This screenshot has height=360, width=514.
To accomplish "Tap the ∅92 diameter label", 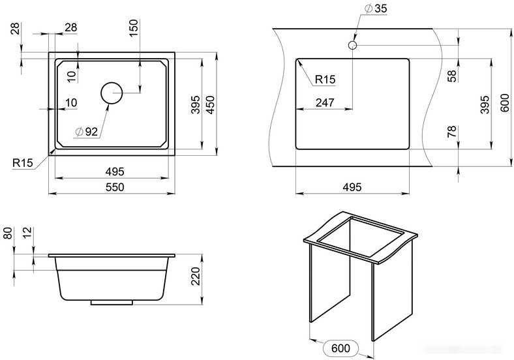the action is (x=87, y=132).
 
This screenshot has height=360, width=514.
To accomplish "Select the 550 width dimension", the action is (x=115, y=187).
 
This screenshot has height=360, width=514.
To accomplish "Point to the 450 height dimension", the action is (x=210, y=105).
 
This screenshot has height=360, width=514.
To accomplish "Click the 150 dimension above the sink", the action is (x=134, y=28).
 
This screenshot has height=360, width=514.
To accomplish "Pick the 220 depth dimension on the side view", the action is (x=196, y=276).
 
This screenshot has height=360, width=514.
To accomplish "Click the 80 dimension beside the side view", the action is (x=8, y=233).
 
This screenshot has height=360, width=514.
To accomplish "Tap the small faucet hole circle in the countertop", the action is (x=352, y=45).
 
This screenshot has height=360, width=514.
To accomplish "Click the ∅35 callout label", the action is (x=376, y=8).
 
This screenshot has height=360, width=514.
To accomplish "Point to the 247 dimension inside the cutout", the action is (x=325, y=102).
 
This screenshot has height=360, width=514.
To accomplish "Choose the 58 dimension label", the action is (x=452, y=76).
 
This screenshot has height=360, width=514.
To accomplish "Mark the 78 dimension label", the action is (x=452, y=132).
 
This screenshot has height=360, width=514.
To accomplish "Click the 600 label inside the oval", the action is (x=340, y=348).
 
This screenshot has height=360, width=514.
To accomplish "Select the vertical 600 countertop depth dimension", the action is (x=505, y=102).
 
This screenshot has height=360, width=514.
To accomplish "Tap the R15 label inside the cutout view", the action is (x=325, y=80).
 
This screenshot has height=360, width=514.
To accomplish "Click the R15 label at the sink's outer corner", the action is (x=23, y=162).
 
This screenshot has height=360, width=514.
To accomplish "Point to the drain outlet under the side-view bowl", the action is (x=112, y=303).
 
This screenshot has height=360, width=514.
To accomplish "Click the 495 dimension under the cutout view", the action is (x=352, y=187).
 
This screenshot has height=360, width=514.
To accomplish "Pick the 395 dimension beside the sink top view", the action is (x=196, y=104).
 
